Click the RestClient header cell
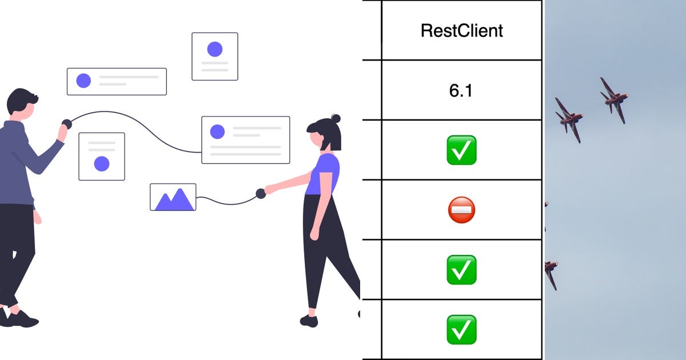coord(461,30)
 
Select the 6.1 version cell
coord(461,90)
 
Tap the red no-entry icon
coord(461,210)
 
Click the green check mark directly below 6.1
coord(461,150)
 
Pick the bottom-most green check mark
coord(461,329)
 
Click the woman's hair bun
coord(336,118)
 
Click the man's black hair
coord(22,99)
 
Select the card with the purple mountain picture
coord(173,197)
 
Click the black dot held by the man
coord(66,123)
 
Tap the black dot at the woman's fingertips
coord(261,193)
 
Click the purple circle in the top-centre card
coord(215,49)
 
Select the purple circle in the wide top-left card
coord(83,81)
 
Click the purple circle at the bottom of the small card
coord(102,164)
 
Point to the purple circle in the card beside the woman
coord(217,132)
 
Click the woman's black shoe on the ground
coord(309,321)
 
